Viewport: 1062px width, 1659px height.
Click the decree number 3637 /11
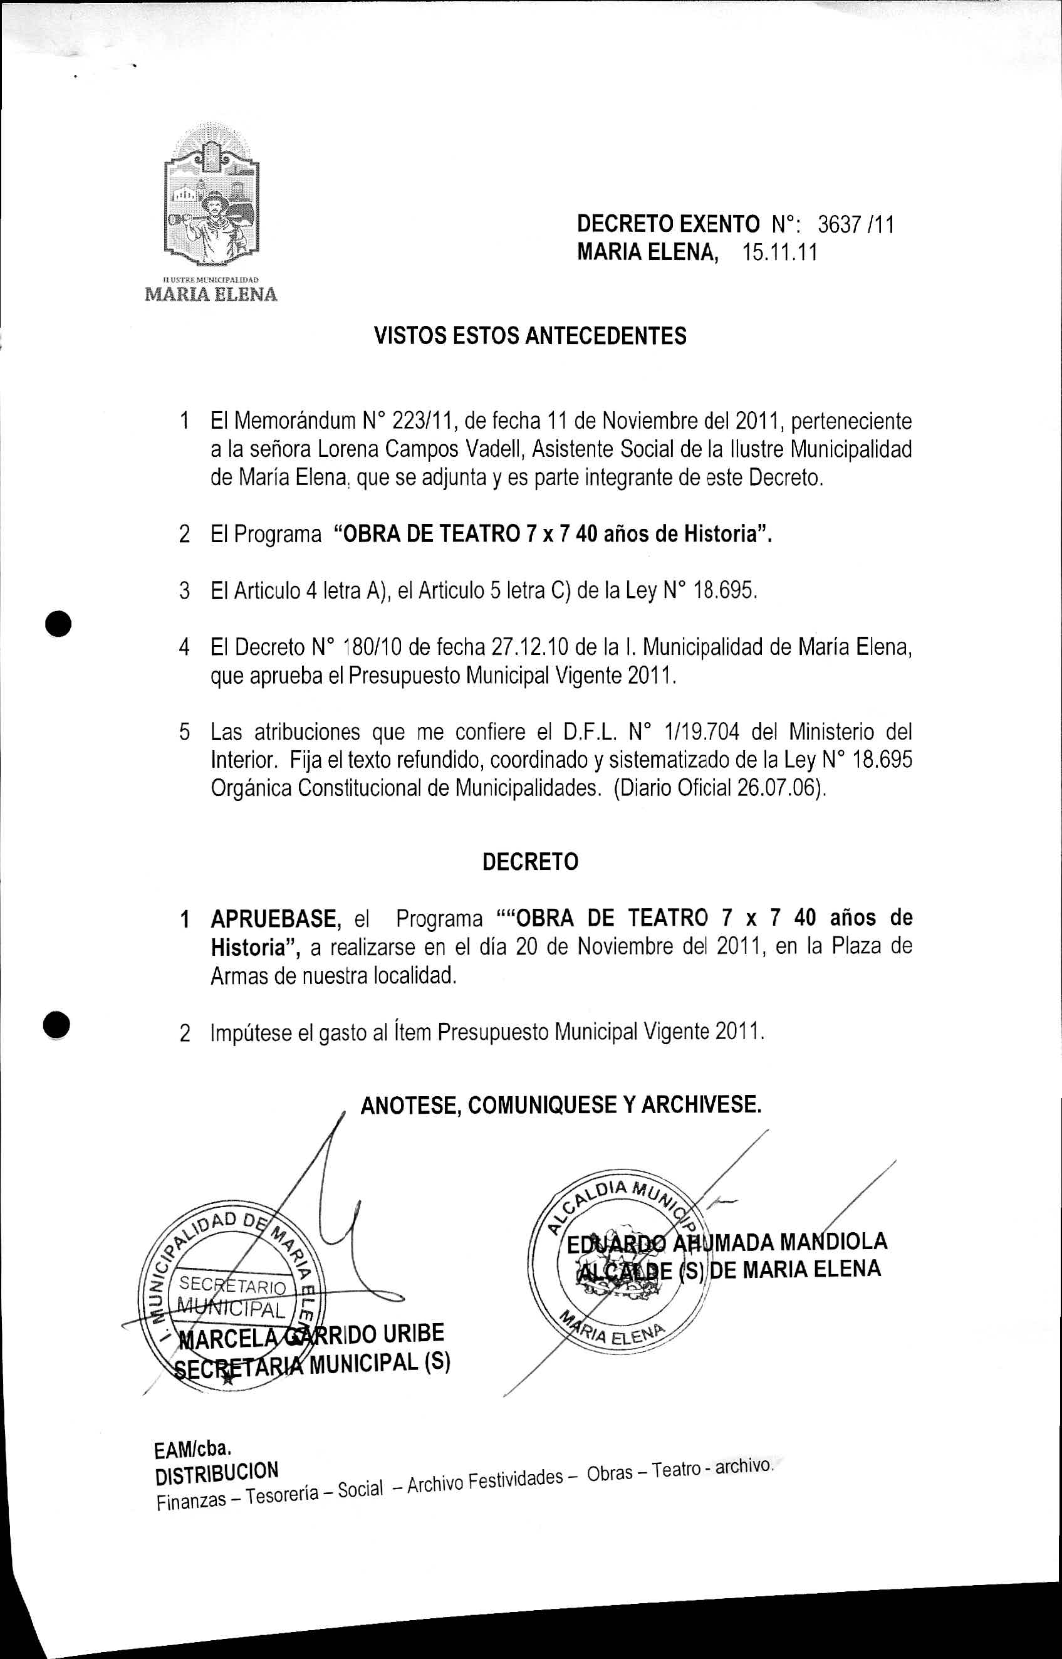855,224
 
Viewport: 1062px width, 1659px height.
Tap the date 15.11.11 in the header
780,253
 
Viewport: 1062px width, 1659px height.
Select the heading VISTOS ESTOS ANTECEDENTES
529,336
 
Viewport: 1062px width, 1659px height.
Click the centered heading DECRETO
529,862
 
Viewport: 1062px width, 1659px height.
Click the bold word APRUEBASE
276,919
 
